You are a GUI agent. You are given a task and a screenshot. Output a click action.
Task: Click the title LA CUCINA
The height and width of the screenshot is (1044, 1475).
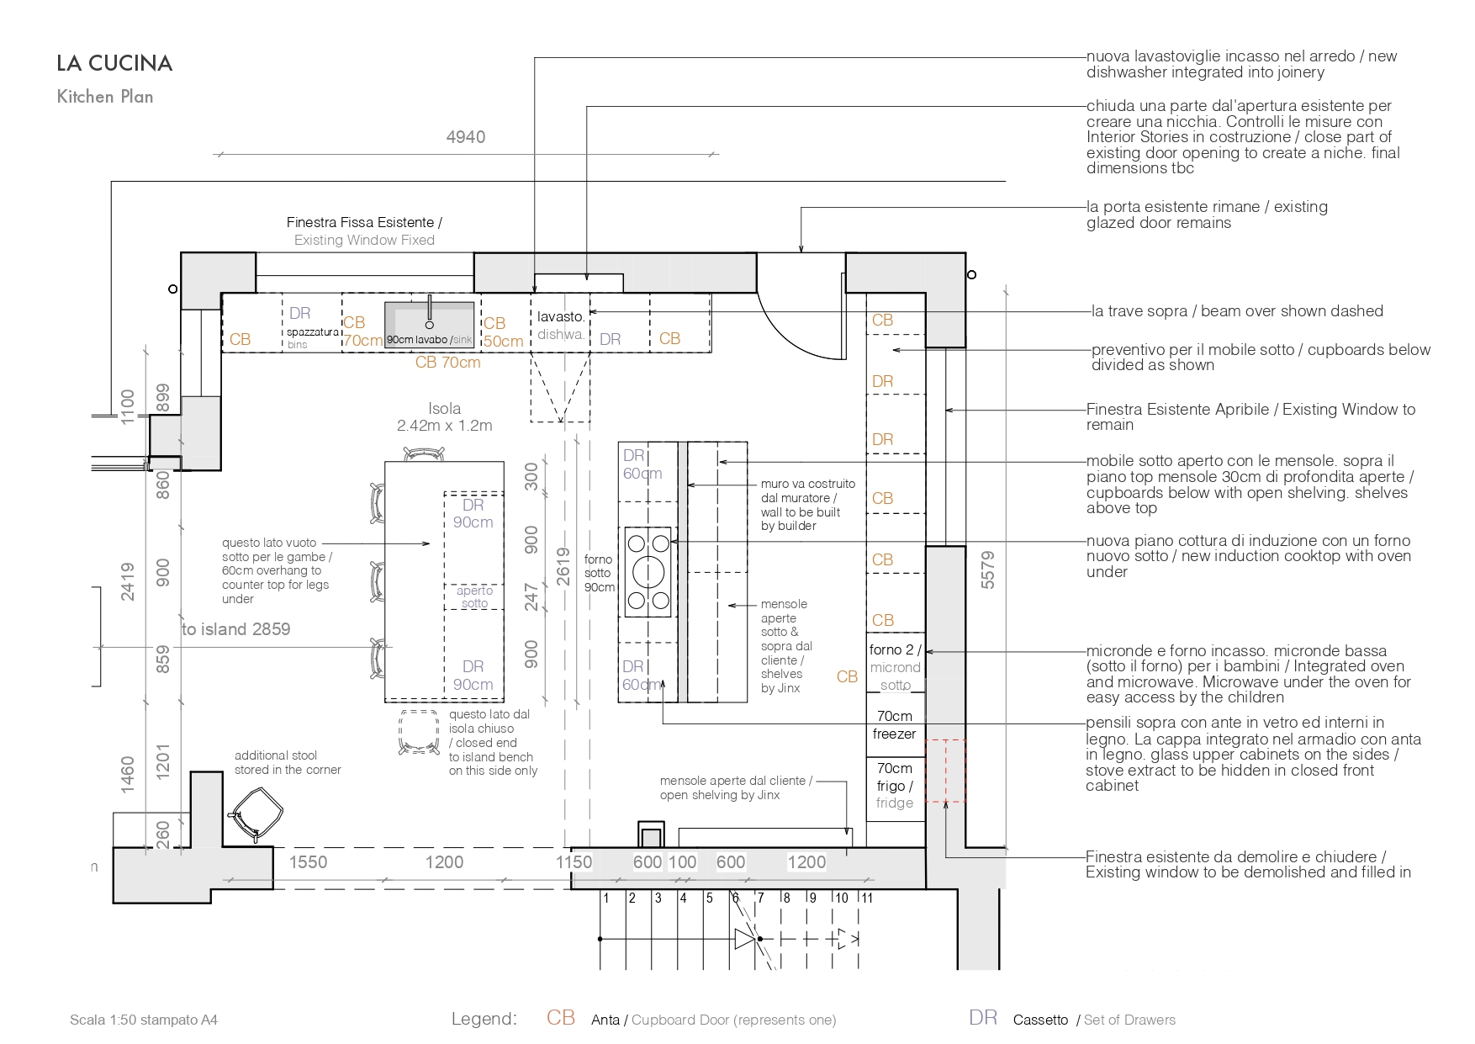(x=114, y=63)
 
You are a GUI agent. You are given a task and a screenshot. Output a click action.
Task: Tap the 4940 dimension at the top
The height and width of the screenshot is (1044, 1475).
(x=466, y=137)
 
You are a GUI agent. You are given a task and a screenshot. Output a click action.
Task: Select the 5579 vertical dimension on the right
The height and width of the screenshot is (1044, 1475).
(x=988, y=570)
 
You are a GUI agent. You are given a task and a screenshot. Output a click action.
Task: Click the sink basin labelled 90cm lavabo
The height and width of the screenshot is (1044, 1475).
(x=430, y=325)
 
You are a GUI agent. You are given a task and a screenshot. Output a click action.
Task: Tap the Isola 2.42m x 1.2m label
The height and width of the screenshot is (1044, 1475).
(x=445, y=416)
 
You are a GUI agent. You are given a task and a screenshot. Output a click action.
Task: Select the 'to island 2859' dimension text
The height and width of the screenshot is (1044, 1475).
(x=236, y=629)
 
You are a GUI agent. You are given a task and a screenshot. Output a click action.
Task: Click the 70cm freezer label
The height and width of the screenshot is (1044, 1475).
(x=895, y=725)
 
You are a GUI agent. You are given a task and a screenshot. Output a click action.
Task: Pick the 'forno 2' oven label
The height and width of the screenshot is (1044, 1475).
(x=895, y=649)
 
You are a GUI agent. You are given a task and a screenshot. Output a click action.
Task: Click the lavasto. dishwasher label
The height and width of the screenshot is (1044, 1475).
(x=562, y=326)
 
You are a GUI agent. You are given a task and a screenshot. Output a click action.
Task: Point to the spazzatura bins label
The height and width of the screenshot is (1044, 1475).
(x=312, y=338)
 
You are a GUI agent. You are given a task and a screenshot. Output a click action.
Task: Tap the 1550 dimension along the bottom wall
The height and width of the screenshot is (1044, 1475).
(x=308, y=862)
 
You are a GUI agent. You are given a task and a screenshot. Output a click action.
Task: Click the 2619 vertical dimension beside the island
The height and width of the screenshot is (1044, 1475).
(x=563, y=561)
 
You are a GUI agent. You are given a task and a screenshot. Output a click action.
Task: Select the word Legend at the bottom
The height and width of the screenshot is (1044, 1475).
(x=484, y=1020)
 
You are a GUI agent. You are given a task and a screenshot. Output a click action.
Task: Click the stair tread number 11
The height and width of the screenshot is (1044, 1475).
(x=867, y=898)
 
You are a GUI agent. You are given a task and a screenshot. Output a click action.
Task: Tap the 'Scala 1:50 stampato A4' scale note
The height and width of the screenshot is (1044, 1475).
(x=144, y=1020)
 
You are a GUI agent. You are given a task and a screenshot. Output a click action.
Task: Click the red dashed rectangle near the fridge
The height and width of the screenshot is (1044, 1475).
(x=945, y=771)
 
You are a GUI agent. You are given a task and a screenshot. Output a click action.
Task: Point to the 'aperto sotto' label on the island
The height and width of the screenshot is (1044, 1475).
(x=475, y=596)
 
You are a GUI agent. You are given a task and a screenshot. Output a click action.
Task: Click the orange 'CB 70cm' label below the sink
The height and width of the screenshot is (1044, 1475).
(x=448, y=363)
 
